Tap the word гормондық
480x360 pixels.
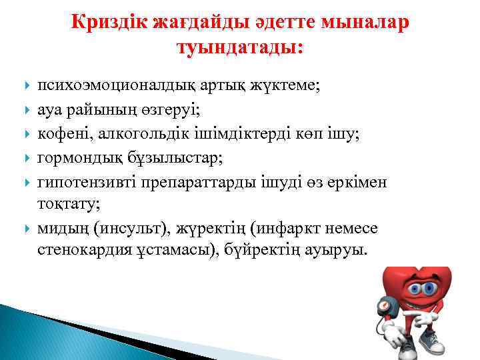[76, 157]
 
